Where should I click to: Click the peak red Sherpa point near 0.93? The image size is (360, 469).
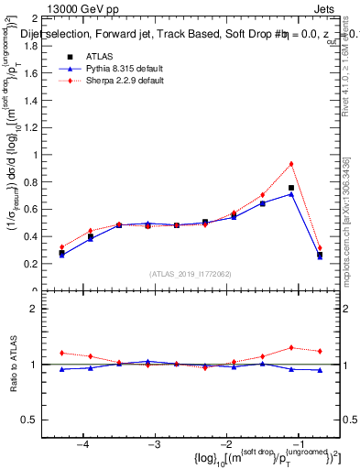click(291, 164)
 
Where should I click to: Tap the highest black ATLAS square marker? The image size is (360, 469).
click(291, 188)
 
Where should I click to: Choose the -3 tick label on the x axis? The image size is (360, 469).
click(155, 444)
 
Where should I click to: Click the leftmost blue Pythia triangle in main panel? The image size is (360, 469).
click(61, 256)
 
